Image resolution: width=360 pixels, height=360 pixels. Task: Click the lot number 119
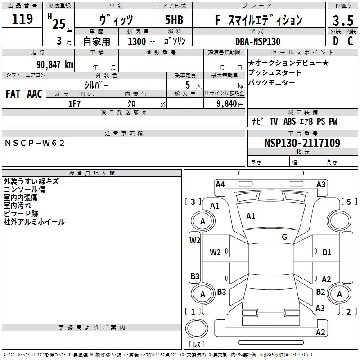tap(23, 19)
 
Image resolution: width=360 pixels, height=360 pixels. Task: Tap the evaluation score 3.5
tap(342, 21)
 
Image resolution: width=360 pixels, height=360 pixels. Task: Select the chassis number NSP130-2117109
tap(302, 143)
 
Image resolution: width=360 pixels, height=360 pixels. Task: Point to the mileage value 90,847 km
tap(54, 64)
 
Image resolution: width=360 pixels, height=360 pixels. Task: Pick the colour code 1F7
tap(74, 103)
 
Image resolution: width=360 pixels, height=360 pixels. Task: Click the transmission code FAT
tap(13, 94)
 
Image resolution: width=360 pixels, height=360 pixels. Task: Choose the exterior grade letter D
tap(335, 41)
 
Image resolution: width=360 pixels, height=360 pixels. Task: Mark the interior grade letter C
tap(350, 41)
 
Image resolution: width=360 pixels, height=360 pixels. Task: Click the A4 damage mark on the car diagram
tap(220, 184)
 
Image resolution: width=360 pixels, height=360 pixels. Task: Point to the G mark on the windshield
tap(284, 237)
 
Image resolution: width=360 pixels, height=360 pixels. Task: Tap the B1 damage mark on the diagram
tap(327, 252)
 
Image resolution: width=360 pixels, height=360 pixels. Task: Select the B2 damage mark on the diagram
tap(320, 292)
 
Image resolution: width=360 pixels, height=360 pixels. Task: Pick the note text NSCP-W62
tap(35, 143)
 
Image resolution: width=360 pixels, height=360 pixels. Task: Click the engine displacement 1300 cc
tap(140, 41)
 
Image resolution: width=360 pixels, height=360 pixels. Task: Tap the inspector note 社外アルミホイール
tap(34, 222)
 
